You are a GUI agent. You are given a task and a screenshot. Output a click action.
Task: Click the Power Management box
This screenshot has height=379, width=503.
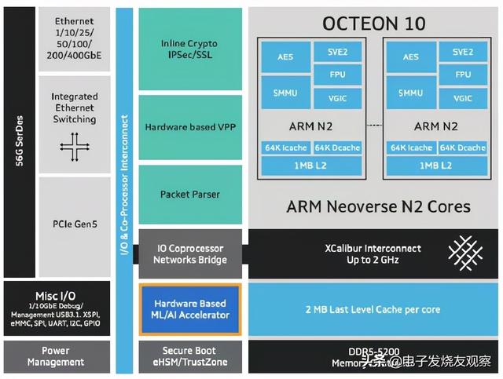coord(56,356)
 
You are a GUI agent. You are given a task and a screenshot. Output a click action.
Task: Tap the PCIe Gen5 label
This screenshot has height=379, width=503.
coord(74,224)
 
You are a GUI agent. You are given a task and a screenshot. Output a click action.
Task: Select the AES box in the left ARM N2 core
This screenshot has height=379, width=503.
coord(285,57)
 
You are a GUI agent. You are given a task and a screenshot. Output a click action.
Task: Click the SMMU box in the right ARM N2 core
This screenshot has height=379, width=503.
coord(410,93)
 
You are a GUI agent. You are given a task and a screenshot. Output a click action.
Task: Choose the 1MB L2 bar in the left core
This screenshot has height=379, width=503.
coord(312,165)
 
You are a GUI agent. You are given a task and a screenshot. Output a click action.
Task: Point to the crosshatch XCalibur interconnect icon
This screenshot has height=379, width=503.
coord(461,253)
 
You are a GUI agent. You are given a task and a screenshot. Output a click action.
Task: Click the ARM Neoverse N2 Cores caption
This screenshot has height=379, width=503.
coord(373,206)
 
